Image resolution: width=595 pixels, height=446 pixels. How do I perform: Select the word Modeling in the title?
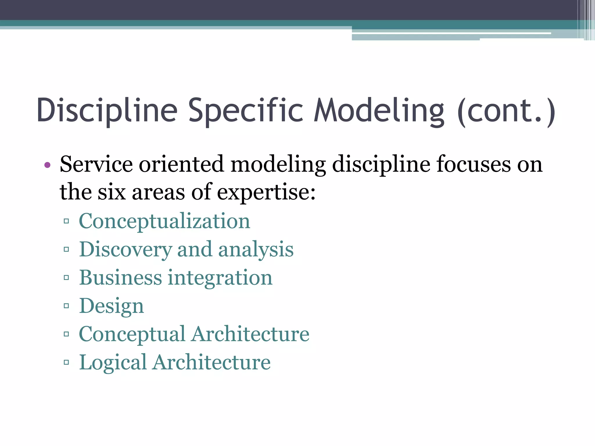point(379,110)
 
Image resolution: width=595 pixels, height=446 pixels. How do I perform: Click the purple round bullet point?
point(47,165)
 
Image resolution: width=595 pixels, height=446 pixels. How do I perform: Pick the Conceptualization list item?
point(164,221)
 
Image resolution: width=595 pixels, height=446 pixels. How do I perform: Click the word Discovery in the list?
point(126,249)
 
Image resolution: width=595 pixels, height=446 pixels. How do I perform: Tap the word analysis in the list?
point(256,249)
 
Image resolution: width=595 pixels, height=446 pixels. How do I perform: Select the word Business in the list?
point(120,277)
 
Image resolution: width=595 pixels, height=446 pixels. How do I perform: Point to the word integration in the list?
point(220,277)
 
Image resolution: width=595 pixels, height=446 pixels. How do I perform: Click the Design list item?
point(112,306)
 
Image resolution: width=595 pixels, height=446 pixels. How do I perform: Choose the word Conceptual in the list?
point(132,334)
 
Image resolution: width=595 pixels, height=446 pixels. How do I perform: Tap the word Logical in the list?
point(113,362)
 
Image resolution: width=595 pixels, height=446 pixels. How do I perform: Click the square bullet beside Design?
point(67,306)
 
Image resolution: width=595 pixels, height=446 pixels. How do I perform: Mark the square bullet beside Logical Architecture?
point(67,362)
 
